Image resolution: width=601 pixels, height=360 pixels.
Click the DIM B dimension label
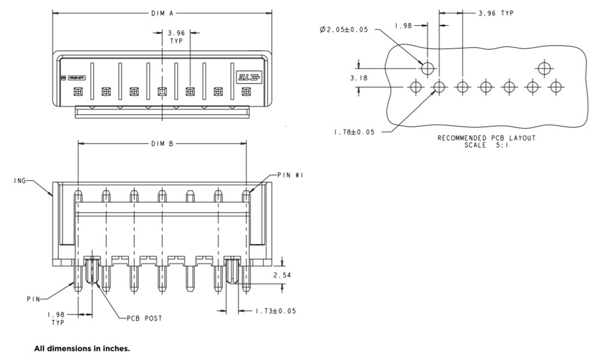[162, 144]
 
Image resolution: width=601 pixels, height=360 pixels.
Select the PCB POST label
[144, 318]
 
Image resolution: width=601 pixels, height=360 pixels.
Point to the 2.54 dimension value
[282, 275]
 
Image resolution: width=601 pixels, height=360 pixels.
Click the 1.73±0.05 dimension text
[275, 311]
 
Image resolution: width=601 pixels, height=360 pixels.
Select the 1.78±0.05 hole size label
[354, 132]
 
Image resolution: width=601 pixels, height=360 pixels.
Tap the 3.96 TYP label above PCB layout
[496, 13]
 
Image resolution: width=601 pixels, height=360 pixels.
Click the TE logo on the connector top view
[247, 78]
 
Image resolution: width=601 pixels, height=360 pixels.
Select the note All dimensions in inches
[82, 348]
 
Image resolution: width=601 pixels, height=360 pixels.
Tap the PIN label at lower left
[34, 299]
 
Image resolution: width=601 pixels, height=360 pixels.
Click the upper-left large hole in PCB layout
[427, 68]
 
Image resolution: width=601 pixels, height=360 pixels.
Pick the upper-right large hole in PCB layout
[544, 68]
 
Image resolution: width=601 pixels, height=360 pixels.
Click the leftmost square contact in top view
[78, 92]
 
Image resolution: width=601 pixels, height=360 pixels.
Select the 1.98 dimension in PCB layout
[403, 25]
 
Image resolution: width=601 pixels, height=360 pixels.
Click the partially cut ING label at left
[19, 180]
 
